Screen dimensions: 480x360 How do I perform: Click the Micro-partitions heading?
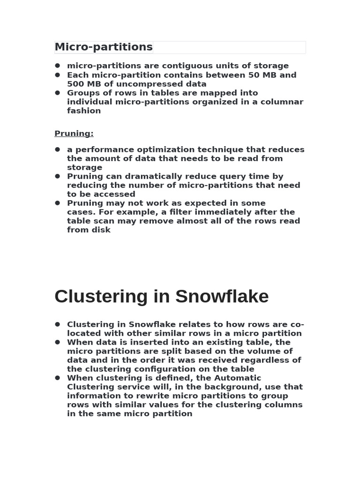(104, 47)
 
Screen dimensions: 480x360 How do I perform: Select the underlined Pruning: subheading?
(74, 134)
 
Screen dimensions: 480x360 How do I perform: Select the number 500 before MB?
(75, 84)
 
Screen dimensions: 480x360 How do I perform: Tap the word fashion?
(84, 111)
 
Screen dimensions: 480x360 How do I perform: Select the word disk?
(102, 230)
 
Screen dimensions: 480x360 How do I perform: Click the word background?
(228, 387)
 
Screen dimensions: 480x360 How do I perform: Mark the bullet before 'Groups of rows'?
(58, 93)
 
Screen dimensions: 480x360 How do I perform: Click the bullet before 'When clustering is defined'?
(58, 378)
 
